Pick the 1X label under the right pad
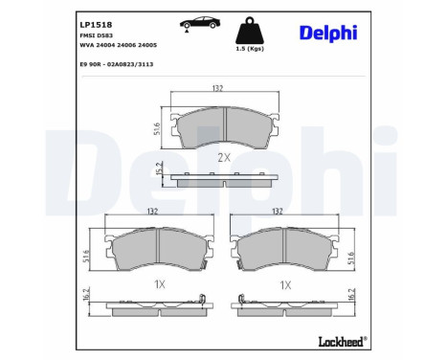click(284, 284)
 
